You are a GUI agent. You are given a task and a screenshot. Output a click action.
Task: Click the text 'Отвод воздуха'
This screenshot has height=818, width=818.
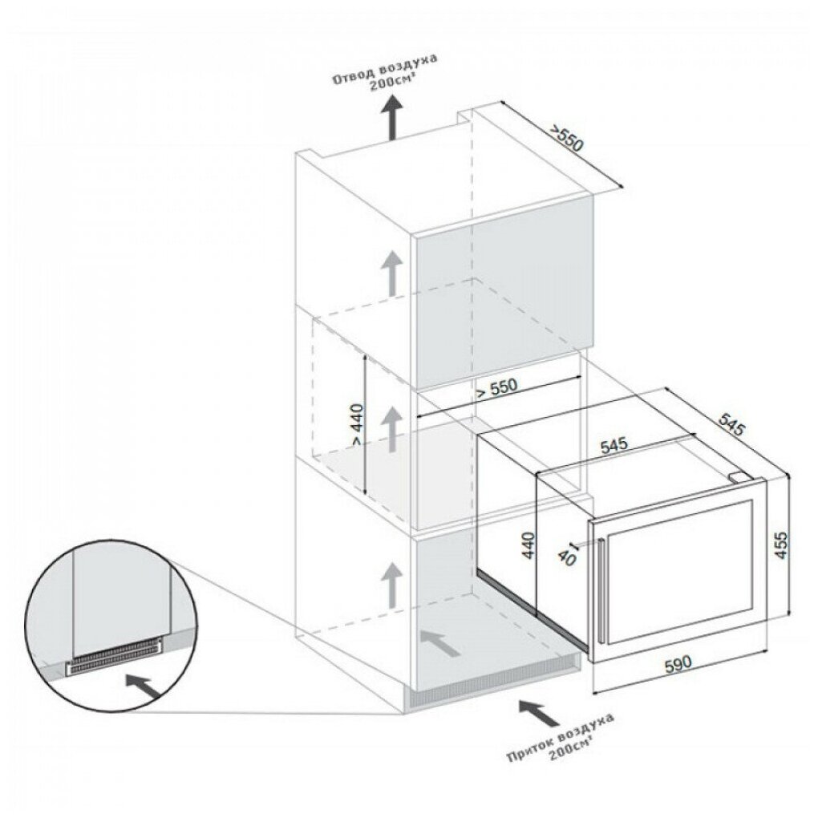(x=385, y=69)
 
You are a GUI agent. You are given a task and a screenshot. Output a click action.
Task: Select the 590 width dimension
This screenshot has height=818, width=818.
(x=678, y=663)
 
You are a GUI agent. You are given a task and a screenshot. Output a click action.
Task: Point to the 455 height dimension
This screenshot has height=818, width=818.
(x=781, y=545)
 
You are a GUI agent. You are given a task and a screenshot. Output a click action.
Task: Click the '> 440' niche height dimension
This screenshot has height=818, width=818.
(x=358, y=425)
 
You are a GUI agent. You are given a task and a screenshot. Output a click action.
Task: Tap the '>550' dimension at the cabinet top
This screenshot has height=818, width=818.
(x=567, y=138)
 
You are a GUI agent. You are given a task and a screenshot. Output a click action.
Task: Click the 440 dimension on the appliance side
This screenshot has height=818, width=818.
(x=529, y=545)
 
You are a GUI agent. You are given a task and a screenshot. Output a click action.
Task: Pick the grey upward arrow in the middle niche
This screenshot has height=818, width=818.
(x=391, y=429)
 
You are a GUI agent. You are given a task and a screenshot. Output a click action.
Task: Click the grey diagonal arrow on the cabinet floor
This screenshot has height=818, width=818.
(x=441, y=642)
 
